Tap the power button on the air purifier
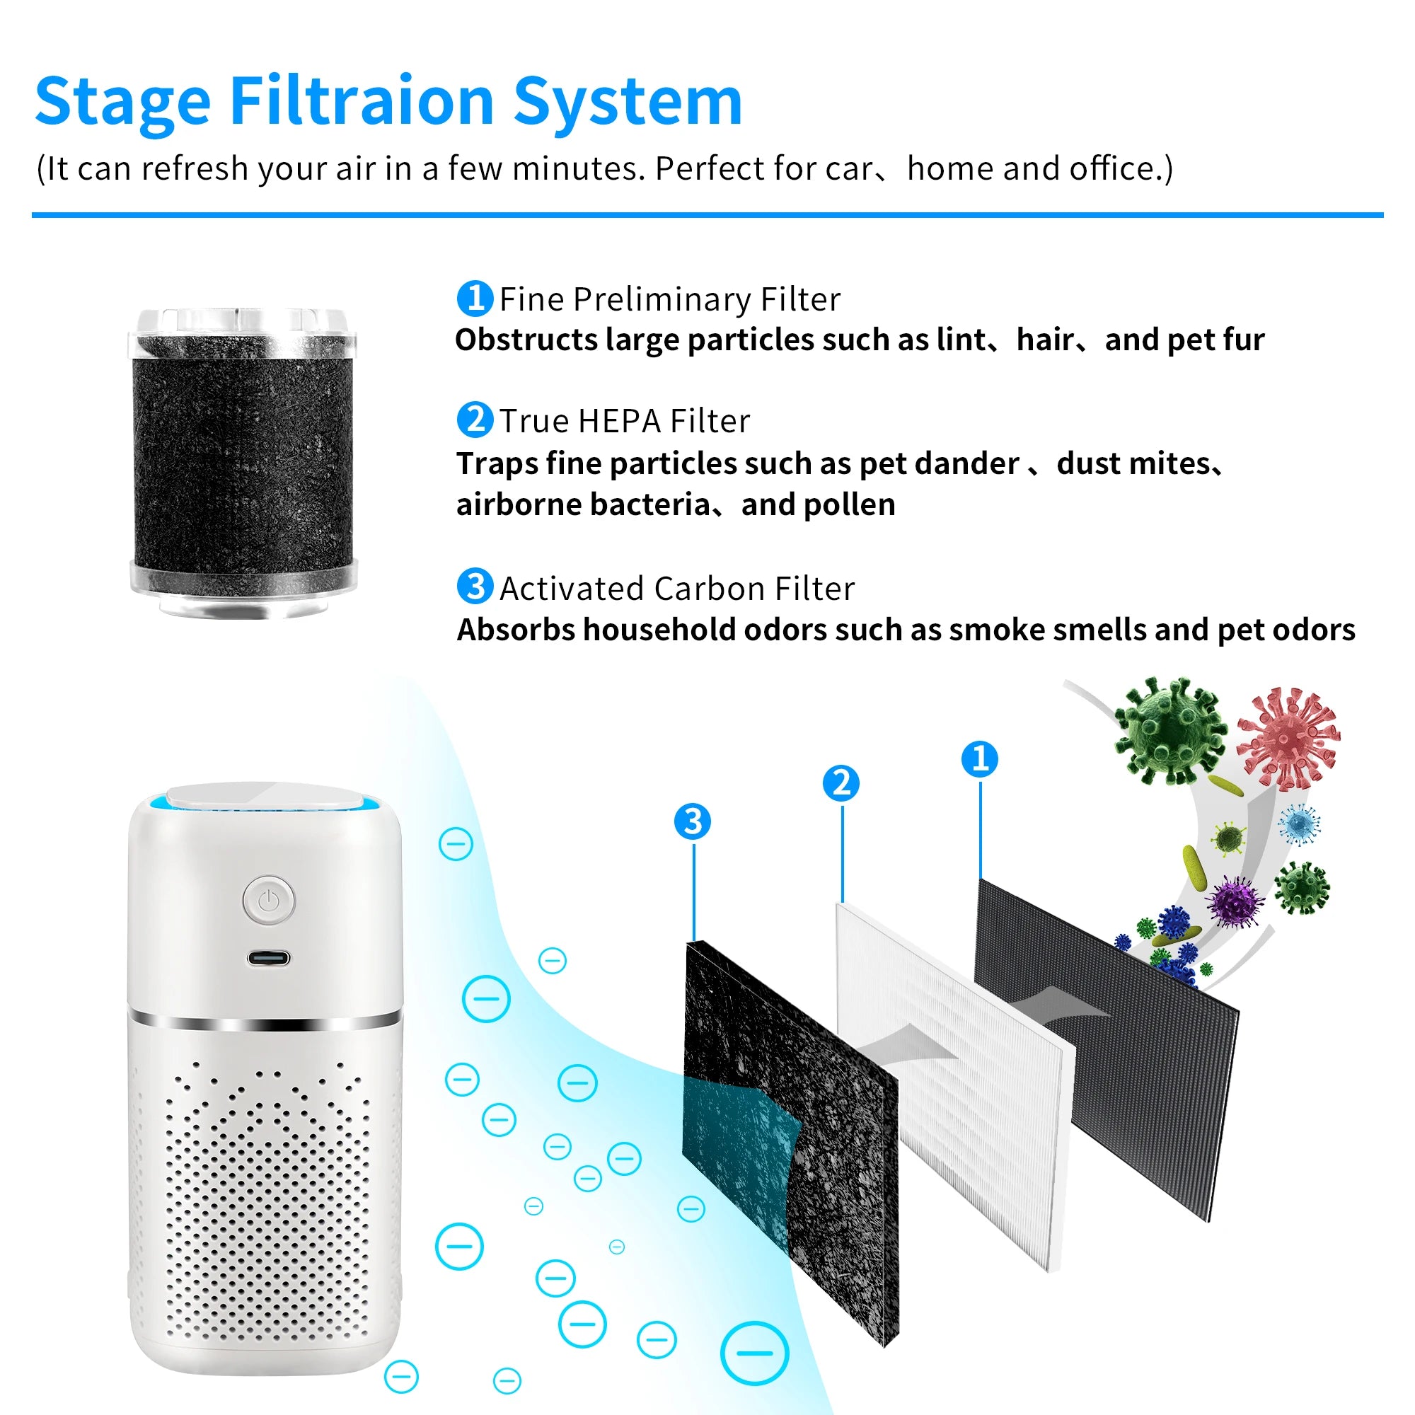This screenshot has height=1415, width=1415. tap(269, 900)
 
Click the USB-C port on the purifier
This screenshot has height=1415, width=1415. tap(268, 958)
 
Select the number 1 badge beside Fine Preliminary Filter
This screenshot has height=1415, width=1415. tap(475, 298)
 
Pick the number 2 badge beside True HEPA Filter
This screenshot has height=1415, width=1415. tap(475, 420)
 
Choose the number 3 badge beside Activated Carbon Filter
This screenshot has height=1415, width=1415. tap(475, 587)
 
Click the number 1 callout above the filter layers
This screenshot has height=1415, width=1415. tap(980, 758)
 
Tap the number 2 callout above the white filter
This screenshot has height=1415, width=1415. tap(841, 783)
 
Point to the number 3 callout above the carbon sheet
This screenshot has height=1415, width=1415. tap(693, 821)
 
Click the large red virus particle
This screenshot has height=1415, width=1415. tap(1288, 737)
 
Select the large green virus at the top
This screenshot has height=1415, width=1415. tap(1169, 730)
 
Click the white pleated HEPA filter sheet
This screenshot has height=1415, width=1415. tap(952, 1084)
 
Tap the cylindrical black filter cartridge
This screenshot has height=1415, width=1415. tap(243, 462)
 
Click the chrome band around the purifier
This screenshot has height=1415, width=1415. tap(265, 1020)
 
